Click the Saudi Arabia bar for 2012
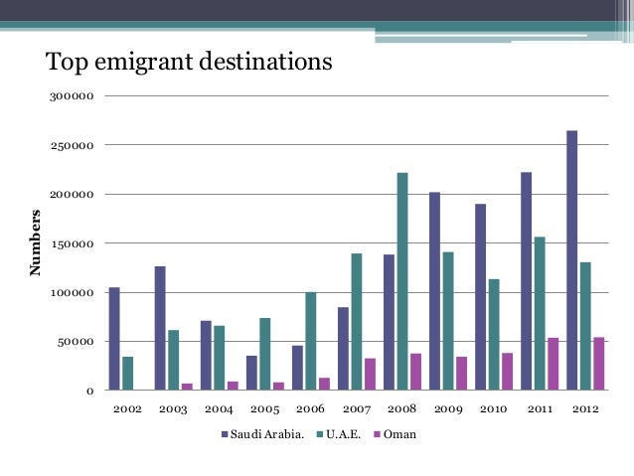coord(572,260)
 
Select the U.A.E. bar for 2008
coord(402,281)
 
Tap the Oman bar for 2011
coord(553,364)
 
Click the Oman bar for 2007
coord(370,375)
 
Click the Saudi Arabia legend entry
coord(262,434)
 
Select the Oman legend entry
coord(397,434)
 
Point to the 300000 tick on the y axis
coord(76,96)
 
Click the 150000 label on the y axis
coord(76,243)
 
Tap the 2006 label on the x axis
coord(310,408)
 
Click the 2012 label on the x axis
coord(584,408)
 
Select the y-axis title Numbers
coord(36,243)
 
